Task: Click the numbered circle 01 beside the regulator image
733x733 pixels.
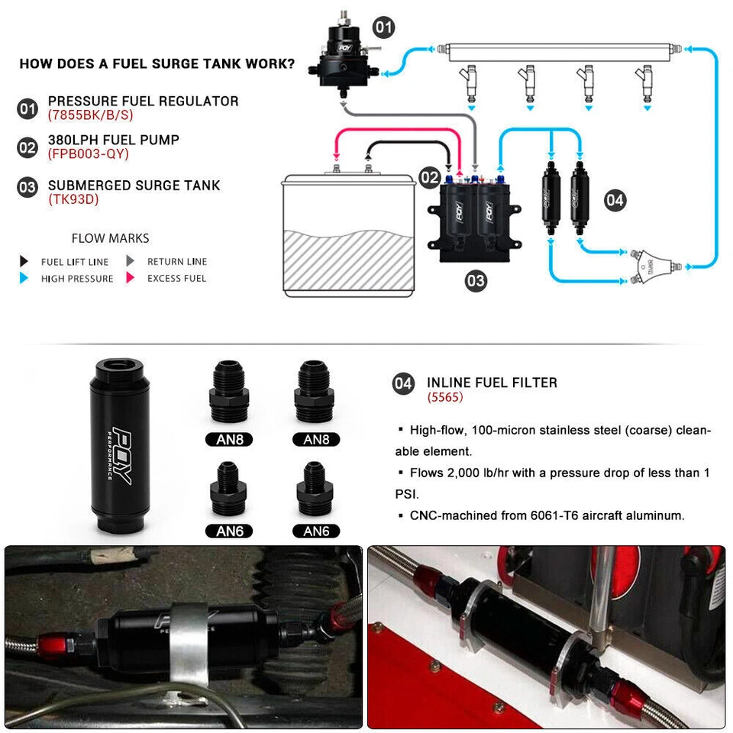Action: pos(383,28)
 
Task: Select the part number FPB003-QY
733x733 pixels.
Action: pos(89,154)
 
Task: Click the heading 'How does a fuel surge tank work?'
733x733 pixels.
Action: pos(157,63)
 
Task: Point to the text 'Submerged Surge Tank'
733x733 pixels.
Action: pos(134,185)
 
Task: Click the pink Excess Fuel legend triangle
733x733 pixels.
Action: pos(131,279)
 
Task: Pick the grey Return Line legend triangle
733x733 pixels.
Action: pos(131,261)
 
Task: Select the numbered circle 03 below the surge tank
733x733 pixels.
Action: pos(475,281)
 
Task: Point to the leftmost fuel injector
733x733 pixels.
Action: pos(468,82)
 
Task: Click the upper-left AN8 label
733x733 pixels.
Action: pos(230,439)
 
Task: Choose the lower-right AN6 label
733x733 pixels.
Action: pos(317,531)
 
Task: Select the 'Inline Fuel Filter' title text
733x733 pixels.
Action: pos(492,383)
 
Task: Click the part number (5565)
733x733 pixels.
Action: pos(445,398)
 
